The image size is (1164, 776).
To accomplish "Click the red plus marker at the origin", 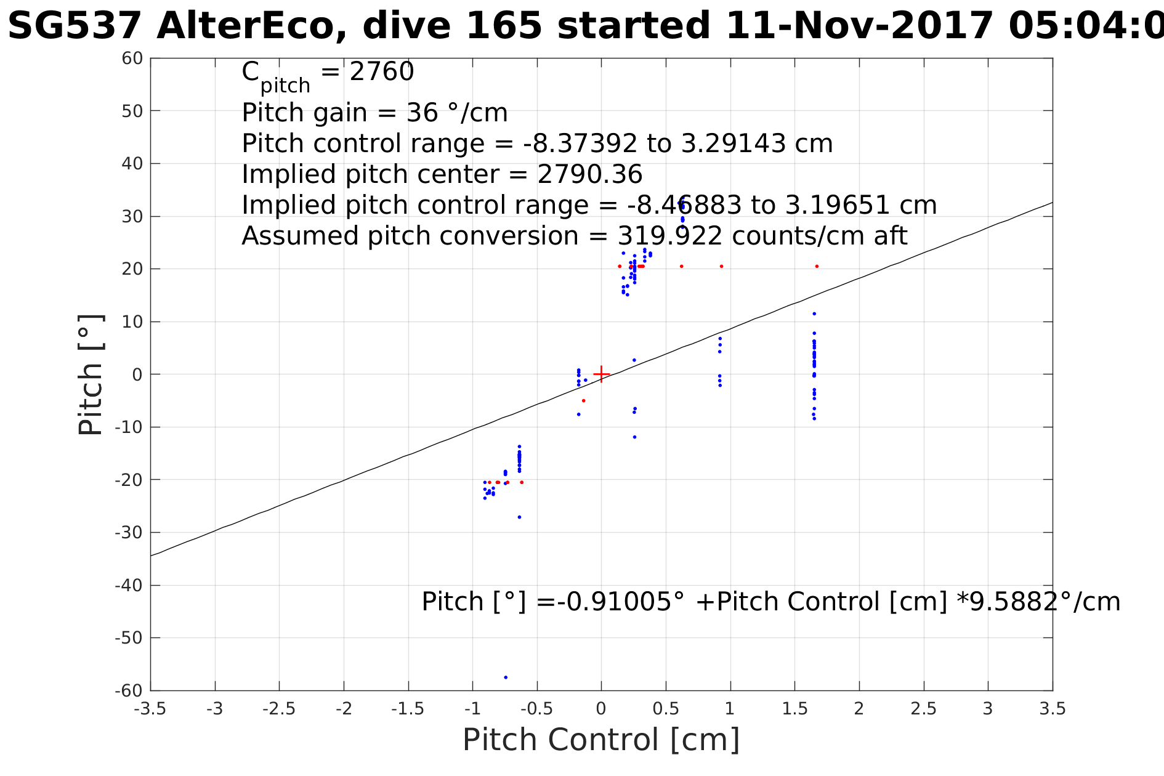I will (601, 374).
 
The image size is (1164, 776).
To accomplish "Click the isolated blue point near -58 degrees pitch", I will (506, 677).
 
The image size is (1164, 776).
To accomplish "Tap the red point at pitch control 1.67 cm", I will (817, 266).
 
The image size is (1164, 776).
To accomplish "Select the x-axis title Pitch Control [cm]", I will (600, 740).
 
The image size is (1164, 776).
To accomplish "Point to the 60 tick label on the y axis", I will (132, 59).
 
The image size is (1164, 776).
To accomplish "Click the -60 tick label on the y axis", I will (129, 690).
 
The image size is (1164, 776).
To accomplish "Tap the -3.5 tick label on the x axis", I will (150, 709).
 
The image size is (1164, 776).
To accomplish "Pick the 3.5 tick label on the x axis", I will (1053, 709).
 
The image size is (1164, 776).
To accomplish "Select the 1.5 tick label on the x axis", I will (794, 709).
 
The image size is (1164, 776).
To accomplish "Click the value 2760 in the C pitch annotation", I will (382, 72).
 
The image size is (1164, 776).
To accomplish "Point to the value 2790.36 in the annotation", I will (590, 175).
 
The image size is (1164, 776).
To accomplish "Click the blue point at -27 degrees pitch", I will (519, 517).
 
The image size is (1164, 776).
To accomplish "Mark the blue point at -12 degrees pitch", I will (634, 437).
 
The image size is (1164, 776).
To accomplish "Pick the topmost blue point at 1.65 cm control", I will (814, 313).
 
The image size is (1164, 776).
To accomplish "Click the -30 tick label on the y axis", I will (129, 532).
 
